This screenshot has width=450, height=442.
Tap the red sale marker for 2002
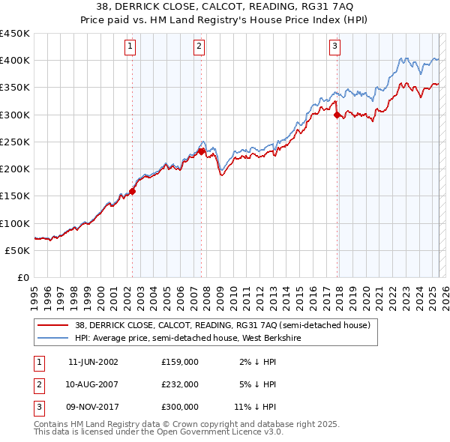[x=133, y=191]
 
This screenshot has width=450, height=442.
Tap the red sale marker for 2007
[x=201, y=151]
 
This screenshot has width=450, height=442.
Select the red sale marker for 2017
[x=337, y=115]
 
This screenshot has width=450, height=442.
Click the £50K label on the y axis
[x=17, y=250]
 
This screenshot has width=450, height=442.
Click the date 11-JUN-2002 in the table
[x=93, y=362]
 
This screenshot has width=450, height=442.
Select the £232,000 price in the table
[x=180, y=384]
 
